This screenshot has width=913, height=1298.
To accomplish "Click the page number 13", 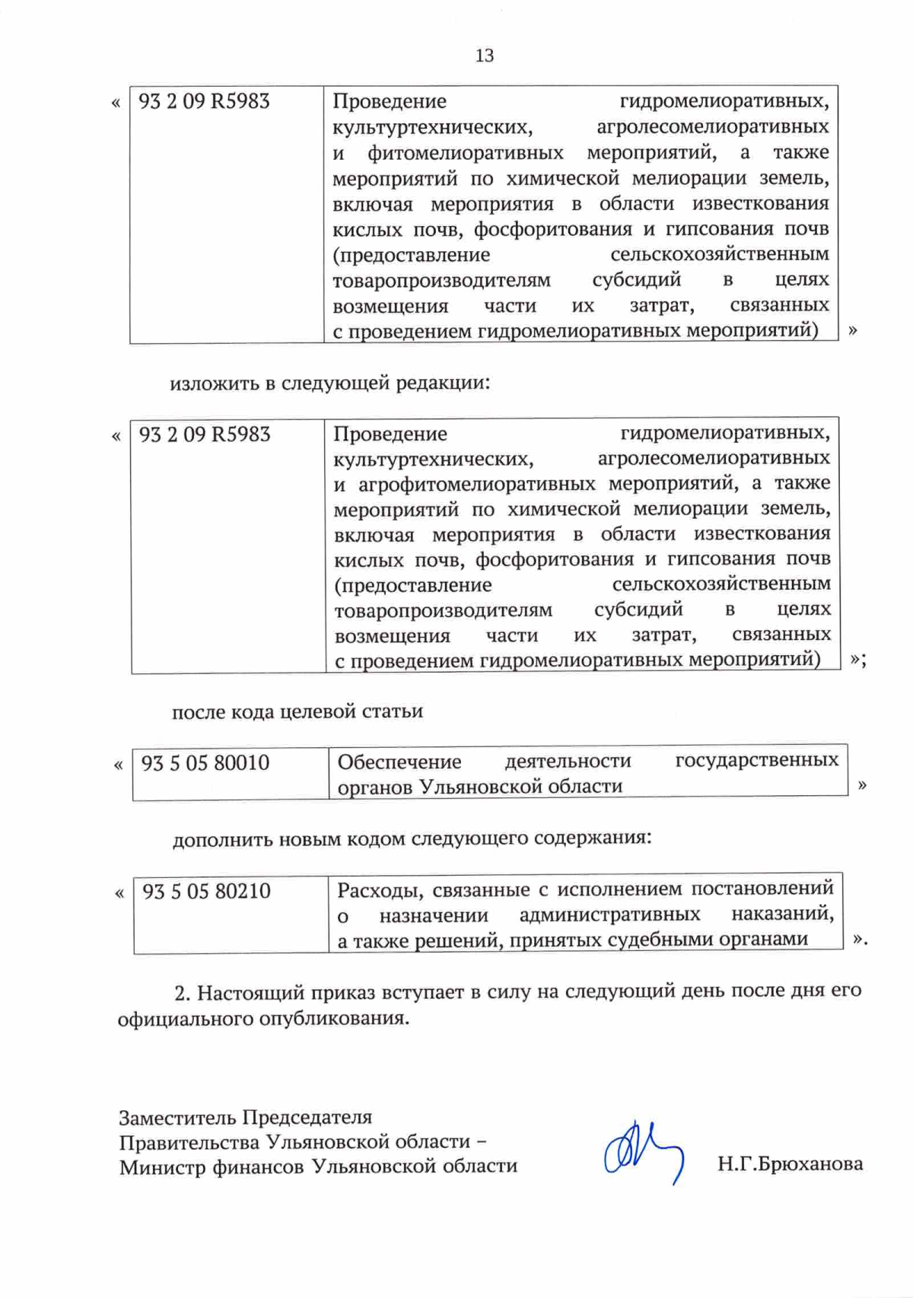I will pyautogui.click(x=484, y=56).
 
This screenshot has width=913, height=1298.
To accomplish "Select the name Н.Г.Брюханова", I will pyautogui.click(x=790, y=1163).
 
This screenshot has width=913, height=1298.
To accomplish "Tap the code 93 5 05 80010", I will pyautogui.click(x=205, y=763).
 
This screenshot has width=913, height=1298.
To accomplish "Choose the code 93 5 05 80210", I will pyautogui.click(x=206, y=891).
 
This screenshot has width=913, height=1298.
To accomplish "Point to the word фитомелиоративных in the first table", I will pyautogui.click(x=465, y=153).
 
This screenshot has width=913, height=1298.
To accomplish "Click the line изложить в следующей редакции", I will pyautogui.click(x=329, y=383).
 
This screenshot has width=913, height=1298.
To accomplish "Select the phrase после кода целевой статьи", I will pyautogui.click(x=297, y=712).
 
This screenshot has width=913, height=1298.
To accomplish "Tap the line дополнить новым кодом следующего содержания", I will pyautogui.click(x=412, y=838).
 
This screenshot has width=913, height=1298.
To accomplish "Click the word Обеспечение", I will pyautogui.click(x=399, y=762).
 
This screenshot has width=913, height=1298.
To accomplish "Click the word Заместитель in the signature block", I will pyautogui.click(x=177, y=1117).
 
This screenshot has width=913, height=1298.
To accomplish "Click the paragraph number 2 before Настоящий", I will pyautogui.click(x=181, y=993).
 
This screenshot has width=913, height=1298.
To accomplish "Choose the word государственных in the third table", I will pyautogui.click(x=757, y=760).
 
